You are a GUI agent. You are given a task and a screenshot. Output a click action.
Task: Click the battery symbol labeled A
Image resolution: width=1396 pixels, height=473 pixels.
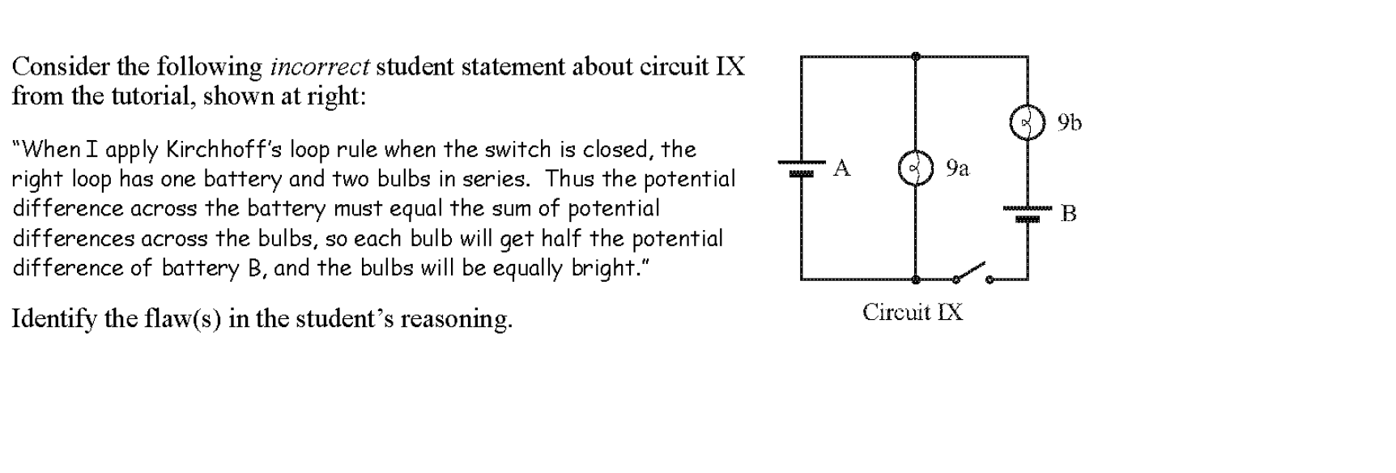(801, 168)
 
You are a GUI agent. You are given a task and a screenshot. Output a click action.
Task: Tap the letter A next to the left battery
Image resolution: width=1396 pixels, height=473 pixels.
(842, 168)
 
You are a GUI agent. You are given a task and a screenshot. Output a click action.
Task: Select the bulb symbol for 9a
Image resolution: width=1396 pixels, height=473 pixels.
(916, 168)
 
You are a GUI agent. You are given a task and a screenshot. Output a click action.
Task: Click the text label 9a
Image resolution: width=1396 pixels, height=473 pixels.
(957, 168)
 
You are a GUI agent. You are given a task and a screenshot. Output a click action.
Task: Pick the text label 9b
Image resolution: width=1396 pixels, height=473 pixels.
(1069, 122)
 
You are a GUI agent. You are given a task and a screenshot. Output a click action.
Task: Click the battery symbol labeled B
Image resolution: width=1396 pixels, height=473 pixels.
(1028, 214)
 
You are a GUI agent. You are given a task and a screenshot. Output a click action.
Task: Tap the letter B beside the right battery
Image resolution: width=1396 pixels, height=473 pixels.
(1069, 214)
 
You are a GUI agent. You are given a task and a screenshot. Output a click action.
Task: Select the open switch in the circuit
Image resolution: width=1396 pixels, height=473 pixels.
(973, 273)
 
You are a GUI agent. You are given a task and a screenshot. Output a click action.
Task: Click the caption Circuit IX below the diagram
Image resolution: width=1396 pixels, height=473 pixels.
(913, 312)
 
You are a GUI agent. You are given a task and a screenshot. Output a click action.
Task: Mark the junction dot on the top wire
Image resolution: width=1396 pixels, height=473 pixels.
(916, 57)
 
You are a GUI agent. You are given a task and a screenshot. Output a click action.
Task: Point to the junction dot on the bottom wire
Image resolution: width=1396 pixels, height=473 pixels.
(916, 279)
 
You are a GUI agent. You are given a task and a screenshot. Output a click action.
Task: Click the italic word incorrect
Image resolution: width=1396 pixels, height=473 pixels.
(320, 66)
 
